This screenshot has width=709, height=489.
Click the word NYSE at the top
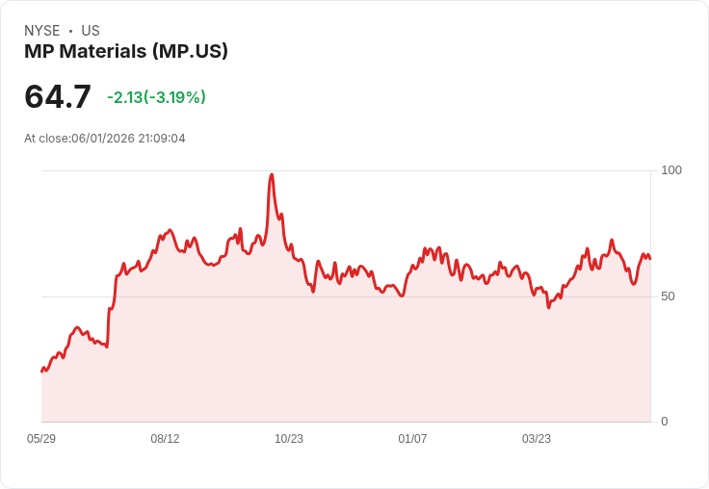(42, 31)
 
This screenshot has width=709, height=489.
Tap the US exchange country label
(91, 31)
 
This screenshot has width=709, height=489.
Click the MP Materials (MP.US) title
(126, 51)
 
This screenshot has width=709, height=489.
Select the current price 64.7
(58, 96)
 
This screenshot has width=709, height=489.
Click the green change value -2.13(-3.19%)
(156, 97)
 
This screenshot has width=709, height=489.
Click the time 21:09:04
(162, 139)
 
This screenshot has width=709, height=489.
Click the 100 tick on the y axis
(671, 170)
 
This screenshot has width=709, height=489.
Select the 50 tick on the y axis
(668, 296)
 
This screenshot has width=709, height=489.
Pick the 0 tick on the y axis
(665, 422)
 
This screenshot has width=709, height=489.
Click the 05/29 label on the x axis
(41, 439)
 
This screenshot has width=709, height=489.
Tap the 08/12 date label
(165, 439)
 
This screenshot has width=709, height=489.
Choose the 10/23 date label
(289, 439)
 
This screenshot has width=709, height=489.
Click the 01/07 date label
(412, 439)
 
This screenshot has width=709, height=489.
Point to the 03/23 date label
(537, 439)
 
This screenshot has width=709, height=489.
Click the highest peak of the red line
(272, 174)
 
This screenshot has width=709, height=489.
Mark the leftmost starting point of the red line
(41, 371)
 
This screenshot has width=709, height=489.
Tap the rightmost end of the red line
(650, 259)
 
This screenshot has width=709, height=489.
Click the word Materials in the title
(103, 51)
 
